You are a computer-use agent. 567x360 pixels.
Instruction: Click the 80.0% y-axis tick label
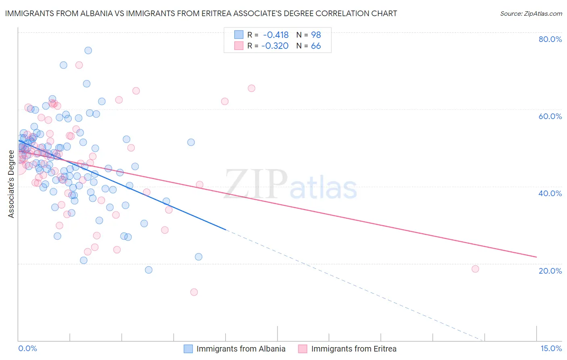pos(550,39)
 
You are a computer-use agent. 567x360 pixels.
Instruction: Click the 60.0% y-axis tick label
pos(550,116)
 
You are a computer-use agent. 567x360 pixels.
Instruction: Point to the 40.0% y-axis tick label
pos(550,193)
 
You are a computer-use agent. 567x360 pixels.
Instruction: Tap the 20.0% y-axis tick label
pos(550,270)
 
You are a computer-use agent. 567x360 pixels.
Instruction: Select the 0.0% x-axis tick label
pos(27,349)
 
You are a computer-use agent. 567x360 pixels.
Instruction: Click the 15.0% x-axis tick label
pos(551,349)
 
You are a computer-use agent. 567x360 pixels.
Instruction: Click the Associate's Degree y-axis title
pos(11,184)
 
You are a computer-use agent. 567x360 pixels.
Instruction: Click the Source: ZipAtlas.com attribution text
pos(531,14)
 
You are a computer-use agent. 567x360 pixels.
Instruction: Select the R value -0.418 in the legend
pos(276,35)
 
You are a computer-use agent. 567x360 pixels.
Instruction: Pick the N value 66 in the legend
pos(316,46)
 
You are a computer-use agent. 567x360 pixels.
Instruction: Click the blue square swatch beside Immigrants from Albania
pos(188,349)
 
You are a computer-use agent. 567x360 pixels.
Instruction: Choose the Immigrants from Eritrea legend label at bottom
pos(354,349)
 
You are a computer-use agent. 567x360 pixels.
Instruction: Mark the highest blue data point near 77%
pos(88,50)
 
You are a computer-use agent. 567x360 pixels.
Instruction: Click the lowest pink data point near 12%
pos(194,292)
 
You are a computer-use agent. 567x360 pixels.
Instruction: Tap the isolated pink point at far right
pos(475,269)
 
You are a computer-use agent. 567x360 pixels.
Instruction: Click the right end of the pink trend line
pos(536,257)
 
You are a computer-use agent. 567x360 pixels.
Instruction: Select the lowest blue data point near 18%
pos(149,270)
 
